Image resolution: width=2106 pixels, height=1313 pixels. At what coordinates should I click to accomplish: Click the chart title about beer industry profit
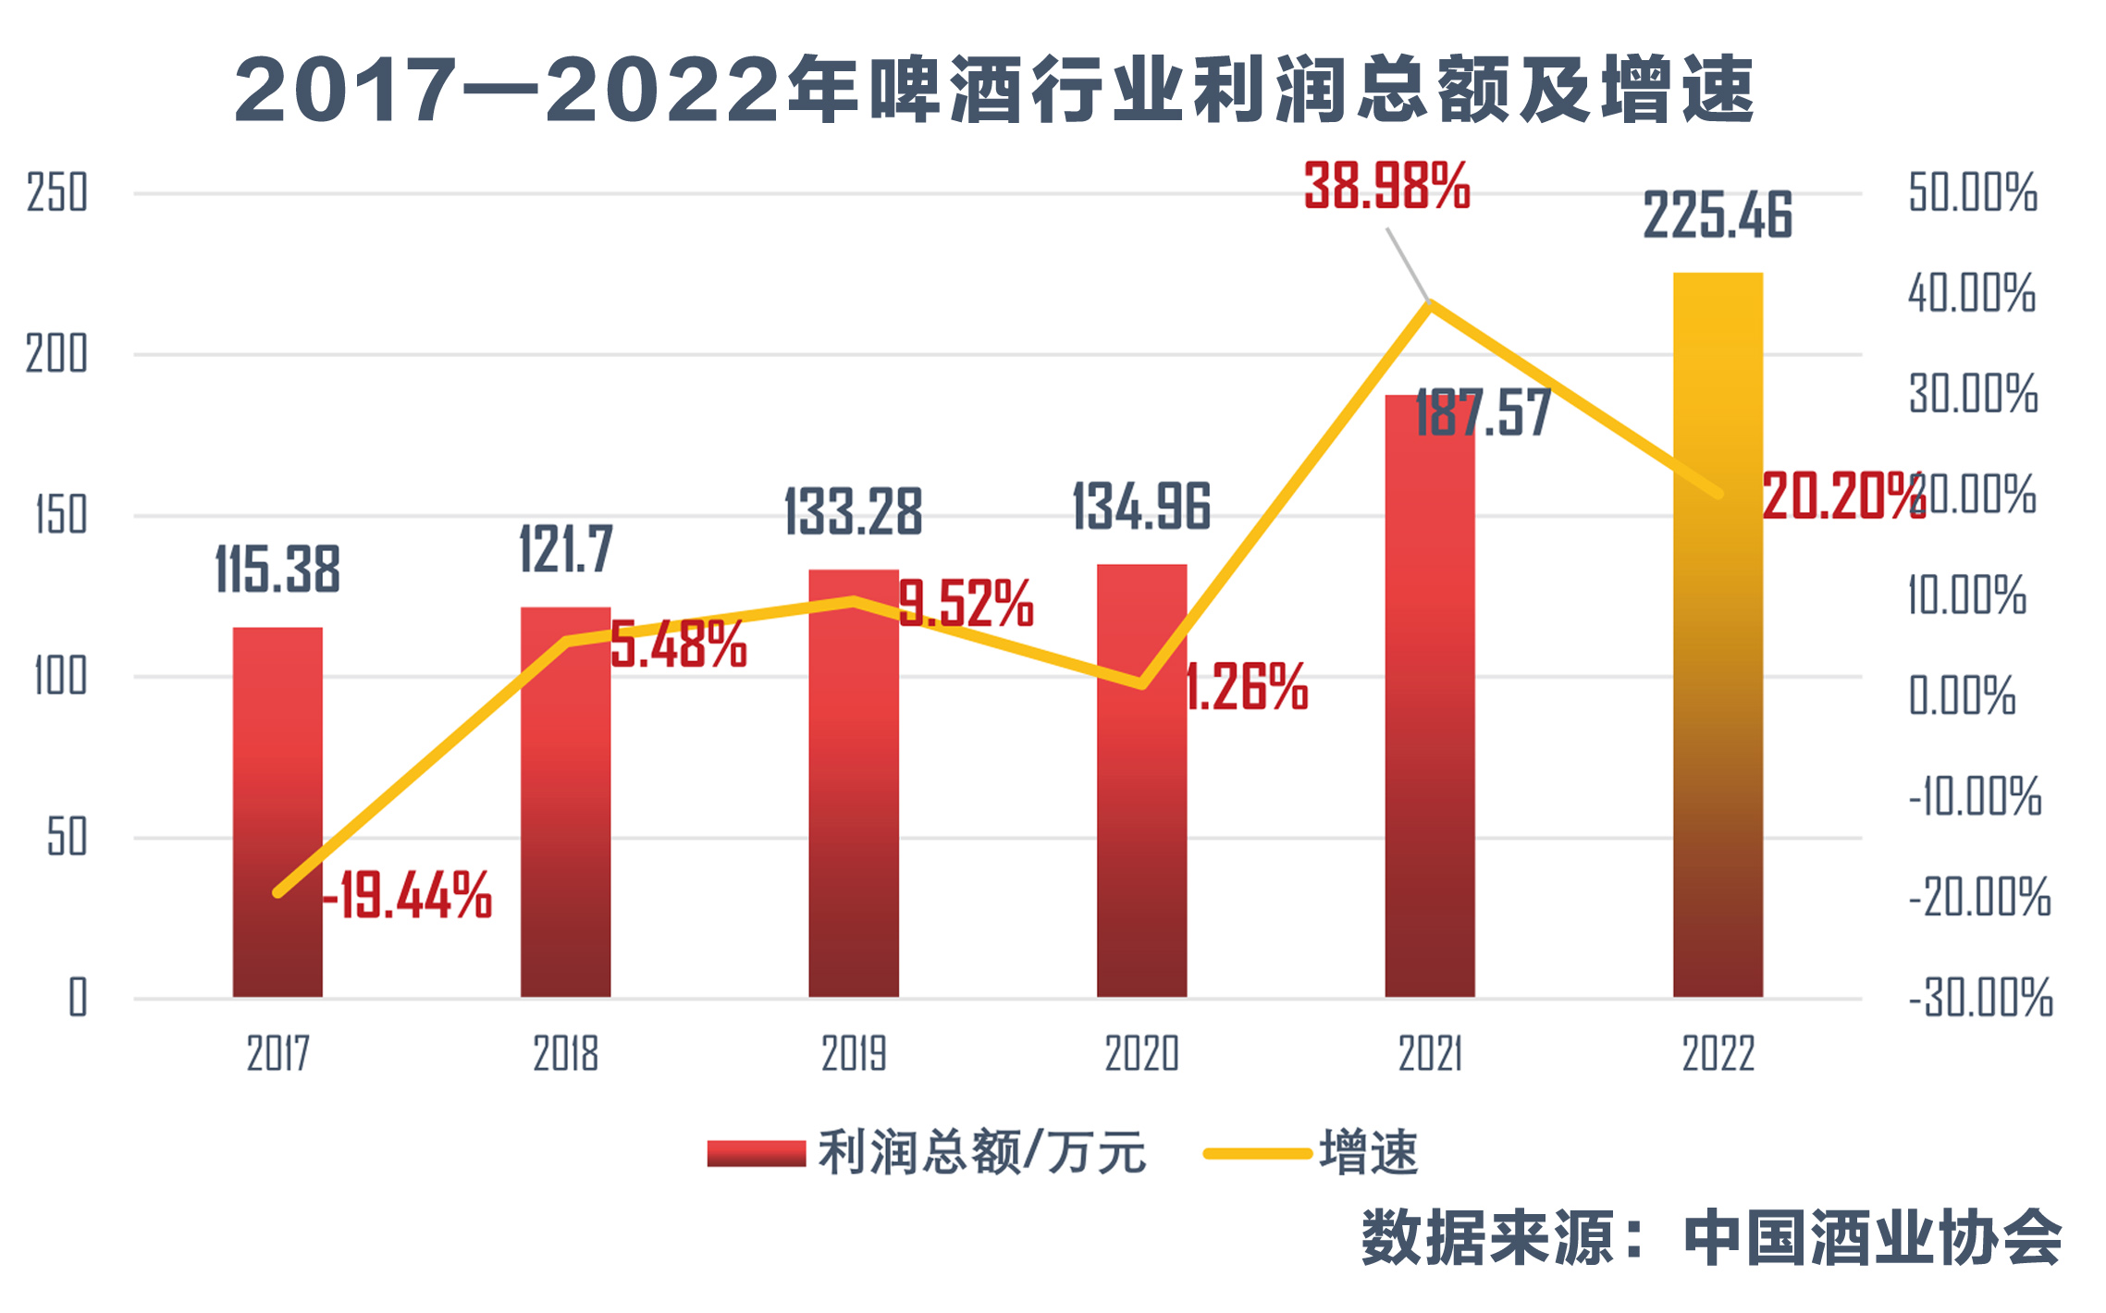[x=994, y=90]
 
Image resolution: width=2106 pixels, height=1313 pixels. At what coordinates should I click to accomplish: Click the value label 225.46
[x=1718, y=215]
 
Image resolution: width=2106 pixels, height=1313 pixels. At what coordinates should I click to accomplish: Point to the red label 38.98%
[x=1386, y=186]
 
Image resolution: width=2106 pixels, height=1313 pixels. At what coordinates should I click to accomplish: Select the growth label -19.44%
[x=407, y=895]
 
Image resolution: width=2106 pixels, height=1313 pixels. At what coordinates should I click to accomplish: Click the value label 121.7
[x=566, y=549]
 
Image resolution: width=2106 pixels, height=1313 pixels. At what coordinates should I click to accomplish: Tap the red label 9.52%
[x=966, y=604]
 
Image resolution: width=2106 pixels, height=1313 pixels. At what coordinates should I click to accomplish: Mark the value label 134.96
[x=1141, y=508]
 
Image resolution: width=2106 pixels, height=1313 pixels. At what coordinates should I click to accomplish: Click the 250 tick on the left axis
[x=57, y=193]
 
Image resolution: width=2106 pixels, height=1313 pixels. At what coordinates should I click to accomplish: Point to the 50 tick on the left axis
[x=67, y=838]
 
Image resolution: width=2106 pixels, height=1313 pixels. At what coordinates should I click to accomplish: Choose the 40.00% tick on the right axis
[x=1972, y=293]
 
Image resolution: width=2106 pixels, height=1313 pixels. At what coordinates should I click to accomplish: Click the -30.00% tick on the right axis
[x=1980, y=999]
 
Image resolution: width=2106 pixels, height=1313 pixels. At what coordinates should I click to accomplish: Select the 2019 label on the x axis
[x=854, y=1054]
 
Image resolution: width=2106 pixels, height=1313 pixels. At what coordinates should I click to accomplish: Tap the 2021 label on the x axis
[x=1430, y=1054]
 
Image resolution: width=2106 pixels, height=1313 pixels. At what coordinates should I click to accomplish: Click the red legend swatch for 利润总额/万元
[x=756, y=1154]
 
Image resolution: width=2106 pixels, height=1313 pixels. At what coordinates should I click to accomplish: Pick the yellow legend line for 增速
[x=1257, y=1154]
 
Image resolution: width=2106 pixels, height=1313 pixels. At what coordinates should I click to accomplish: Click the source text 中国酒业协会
[x=1872, y=1238]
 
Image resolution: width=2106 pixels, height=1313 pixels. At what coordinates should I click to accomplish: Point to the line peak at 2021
[x=1430, y=302]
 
